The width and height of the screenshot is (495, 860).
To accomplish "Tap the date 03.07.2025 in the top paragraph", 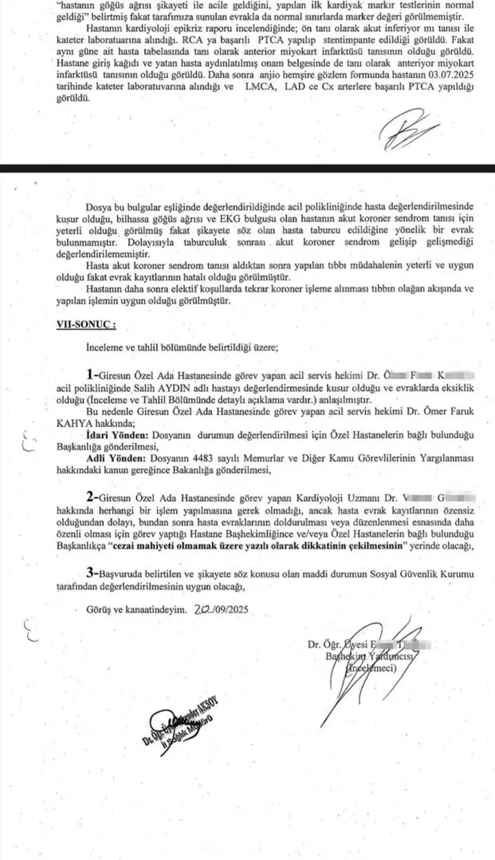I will [x=455, y=75].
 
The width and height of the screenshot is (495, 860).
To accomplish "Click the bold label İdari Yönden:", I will [x=117, y=435].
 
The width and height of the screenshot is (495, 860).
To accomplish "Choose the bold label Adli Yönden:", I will [x=116, y=459].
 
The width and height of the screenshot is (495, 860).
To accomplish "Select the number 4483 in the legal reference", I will [x=198, y=459].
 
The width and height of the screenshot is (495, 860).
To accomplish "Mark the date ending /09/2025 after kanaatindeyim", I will [x=222, y=610].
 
